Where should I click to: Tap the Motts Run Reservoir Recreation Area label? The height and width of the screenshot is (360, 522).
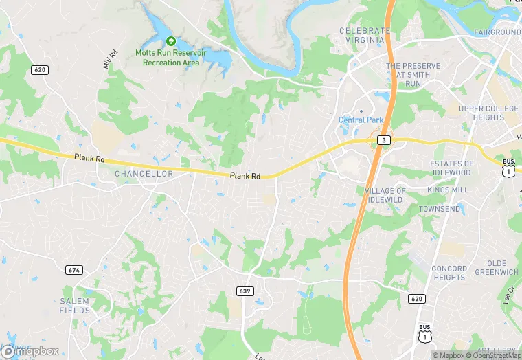[x=171, y=58]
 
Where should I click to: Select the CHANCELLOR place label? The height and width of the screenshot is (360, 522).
[x=144, y=174]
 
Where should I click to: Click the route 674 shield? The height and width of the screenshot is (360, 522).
[x=74, y=270]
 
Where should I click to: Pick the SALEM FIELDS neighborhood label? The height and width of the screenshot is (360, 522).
[x=75, y=306]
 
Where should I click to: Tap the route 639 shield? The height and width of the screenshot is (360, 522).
[x=244, y=291]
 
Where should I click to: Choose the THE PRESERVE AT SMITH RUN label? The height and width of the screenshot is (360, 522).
[x=412, y=75]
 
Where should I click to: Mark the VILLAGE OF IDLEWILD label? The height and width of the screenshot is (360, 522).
[x=385, y=194]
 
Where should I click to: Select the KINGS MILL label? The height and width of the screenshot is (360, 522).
[x=447, y=190]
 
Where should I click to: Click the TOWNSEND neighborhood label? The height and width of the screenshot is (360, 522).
[x=440, y=209]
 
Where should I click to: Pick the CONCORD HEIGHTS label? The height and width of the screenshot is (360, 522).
[x=450, y=273]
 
